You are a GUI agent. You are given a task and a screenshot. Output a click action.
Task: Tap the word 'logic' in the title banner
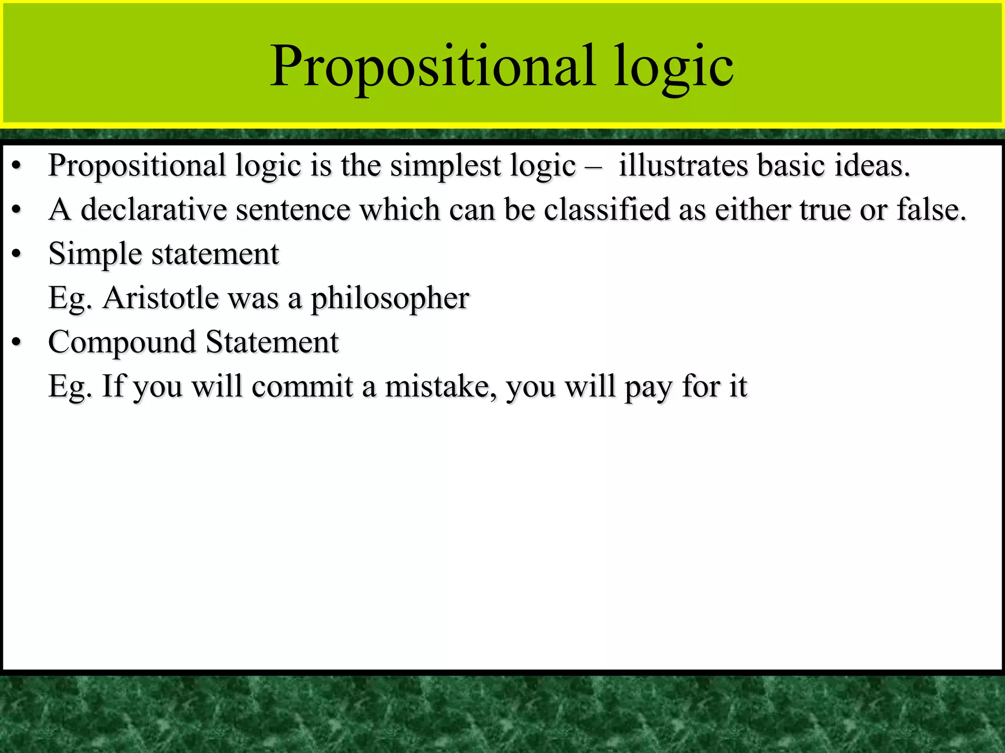point(673,66)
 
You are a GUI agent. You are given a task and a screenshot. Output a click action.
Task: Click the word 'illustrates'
point(683,165)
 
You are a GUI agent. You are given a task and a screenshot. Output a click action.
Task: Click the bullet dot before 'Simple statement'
point(17,254)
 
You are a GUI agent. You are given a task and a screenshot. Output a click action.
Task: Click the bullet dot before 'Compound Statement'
point(17,342)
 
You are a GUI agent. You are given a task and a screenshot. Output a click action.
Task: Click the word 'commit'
point(302,386)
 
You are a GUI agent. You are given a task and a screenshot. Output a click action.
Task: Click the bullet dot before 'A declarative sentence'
point(17,210)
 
